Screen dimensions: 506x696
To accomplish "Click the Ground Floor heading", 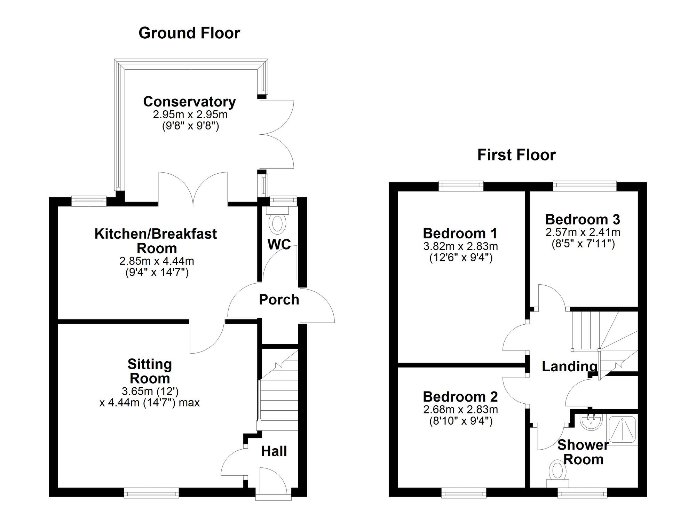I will pos(189,33).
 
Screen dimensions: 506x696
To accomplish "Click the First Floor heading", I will pos(516,155).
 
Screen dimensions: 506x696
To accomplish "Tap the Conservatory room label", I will pos(189,102).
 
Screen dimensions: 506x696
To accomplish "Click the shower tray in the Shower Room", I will pos(622,429).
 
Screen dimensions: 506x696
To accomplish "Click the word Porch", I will pos(279,300).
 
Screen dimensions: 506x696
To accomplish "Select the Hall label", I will pos(274,451).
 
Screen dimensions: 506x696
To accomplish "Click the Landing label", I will pos(569,366).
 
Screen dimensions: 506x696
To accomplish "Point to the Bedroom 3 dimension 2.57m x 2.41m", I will pos(583,232).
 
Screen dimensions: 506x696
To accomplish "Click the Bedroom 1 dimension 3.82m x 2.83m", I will pos(460,246).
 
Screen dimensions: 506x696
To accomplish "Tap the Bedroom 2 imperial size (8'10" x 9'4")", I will pos(461,421).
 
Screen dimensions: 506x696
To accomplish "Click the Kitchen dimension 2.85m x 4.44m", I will pos(157,261).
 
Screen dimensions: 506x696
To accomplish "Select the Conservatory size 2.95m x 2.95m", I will pos(190,114).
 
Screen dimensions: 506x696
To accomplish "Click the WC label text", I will pos(279,244).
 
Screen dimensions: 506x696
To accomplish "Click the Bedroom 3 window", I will pos(585,186).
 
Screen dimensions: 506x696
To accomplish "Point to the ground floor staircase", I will pos(279,390).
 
